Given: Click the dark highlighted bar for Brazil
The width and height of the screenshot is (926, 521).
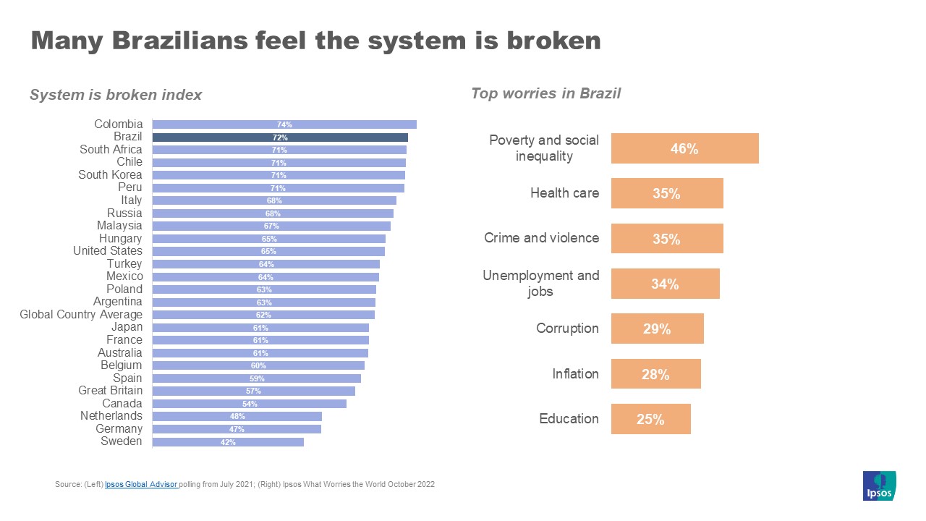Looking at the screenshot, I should click(280, 137).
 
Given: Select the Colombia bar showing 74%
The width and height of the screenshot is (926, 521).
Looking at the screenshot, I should click(284, 124).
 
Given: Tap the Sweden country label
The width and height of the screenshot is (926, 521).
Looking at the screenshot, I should click(122, 441).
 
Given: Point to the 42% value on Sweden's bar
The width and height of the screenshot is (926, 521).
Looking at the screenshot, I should click(228, 442).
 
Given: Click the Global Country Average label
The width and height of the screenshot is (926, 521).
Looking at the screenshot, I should click(81, 315).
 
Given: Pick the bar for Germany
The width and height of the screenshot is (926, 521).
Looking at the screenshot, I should click(237, 429).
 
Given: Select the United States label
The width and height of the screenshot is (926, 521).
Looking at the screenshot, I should click(108, 251).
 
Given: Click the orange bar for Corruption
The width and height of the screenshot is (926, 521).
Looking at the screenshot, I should click(657, 329).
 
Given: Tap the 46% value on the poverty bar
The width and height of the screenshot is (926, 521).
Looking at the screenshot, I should click(684, 148).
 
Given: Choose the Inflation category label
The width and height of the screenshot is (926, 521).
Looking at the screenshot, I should click(575, 374).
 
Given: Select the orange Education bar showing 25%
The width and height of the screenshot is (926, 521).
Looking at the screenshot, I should click(650, 419).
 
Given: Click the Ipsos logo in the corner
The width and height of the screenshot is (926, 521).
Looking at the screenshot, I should click(879, 486).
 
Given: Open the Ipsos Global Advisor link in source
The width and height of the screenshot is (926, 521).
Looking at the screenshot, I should click(141, 484).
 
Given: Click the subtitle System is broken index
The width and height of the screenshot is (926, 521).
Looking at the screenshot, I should click(116, 95).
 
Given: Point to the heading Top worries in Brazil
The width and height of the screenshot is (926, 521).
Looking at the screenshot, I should click(545, 93).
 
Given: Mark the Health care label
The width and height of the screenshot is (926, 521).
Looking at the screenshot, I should click(564, 193).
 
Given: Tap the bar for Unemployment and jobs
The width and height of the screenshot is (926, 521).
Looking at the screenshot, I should click(665, 284).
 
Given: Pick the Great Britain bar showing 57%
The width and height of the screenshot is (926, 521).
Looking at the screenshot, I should click(253, 391).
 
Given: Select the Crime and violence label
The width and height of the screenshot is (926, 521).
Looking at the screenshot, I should click(541, 238).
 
